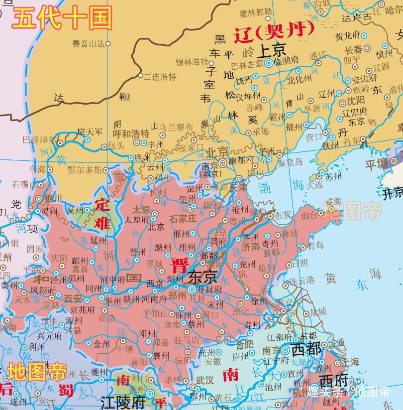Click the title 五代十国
click(62, 18)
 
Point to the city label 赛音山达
click(88, 44)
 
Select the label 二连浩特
click(160, 77)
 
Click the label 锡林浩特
click(192, 62)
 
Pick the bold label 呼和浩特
click(131, 134)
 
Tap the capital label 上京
click(272, 50)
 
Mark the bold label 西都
click(306, 349)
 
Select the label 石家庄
click(184, 219)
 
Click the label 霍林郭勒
click(255, 12)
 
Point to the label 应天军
click(90, 132)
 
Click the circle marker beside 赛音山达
click(108, 44)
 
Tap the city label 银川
click(53, 198)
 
